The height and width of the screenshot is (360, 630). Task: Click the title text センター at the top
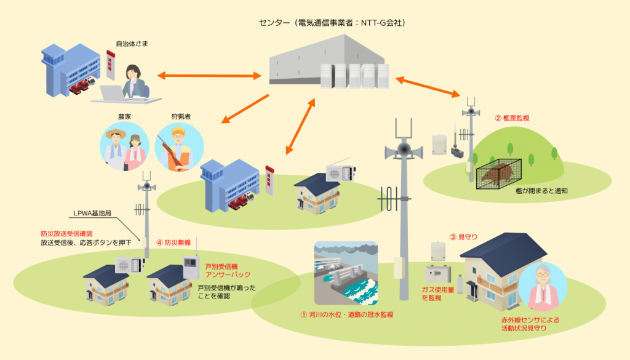click(x=275, y=23)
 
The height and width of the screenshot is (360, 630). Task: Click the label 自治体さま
click(x=132, y=44)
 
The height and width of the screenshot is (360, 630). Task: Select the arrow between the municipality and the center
click(x=209, y=76)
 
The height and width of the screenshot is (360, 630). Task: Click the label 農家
click(x=125, y=116)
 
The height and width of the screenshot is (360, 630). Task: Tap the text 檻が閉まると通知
click(x=541, y=191)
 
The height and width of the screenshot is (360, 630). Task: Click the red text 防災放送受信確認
click(x=66, y=234)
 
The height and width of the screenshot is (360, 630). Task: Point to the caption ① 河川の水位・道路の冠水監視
click(x=346, y=314)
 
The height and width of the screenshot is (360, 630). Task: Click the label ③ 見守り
click(x=463, y=236)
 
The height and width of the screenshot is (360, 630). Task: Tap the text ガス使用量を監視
click(x=437, y=293)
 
